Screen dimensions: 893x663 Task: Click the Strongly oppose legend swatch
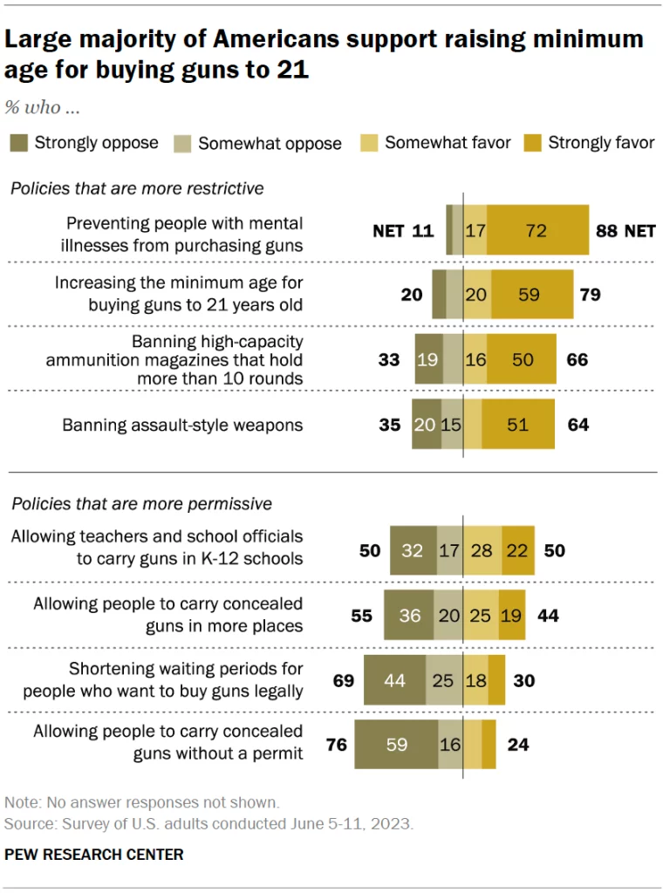coord(19,142)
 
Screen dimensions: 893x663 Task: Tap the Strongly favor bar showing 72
coord(537,230)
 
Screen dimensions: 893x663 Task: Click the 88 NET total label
coord(625,230)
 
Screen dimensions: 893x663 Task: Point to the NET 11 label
coord(403,230)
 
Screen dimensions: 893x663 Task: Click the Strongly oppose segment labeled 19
coord(428,358)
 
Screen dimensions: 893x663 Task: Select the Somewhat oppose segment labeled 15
coord(452,425)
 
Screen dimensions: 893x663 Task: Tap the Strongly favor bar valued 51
coord(517,425)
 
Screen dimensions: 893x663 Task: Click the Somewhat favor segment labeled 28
coord(482,550)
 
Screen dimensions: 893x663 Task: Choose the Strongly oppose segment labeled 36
coord(408,615)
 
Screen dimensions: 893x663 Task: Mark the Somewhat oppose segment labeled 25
coord(443,679)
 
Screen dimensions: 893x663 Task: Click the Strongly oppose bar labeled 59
coord(396,745)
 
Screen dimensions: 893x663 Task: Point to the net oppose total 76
coord(336,745)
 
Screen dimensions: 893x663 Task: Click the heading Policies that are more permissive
coord(140,503)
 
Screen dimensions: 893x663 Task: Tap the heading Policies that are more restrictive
coord(137,188)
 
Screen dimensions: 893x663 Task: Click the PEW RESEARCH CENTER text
coord(94,854)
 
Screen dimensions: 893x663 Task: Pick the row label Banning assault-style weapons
coord(182,425)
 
